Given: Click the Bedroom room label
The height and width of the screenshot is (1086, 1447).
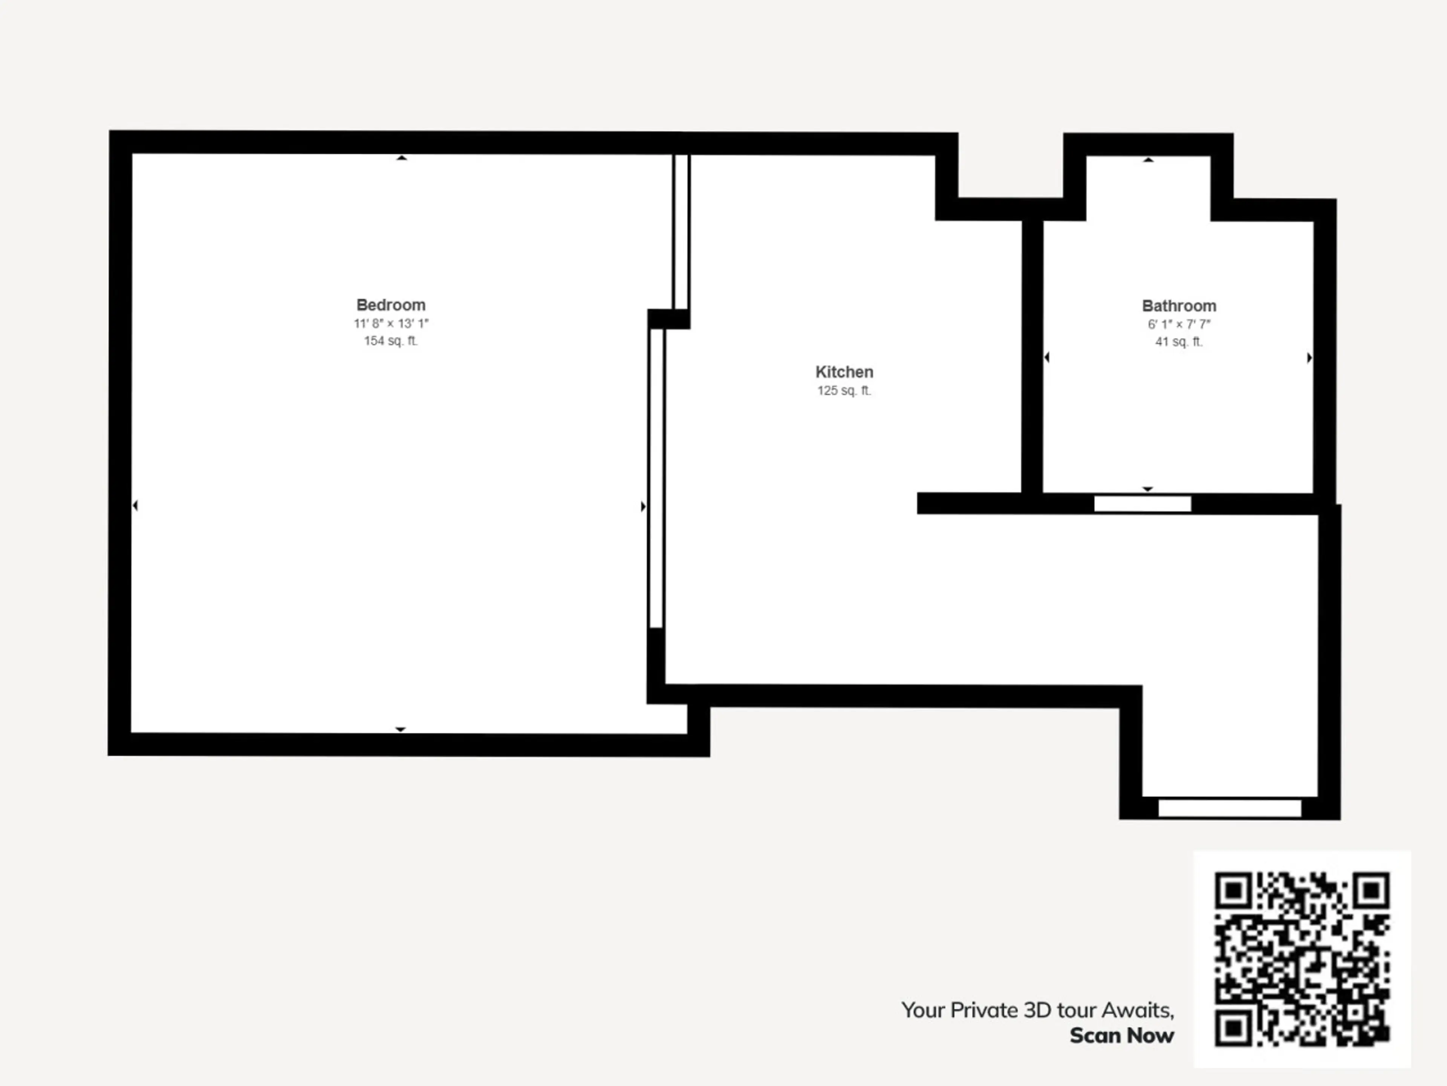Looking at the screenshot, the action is click(390, 305).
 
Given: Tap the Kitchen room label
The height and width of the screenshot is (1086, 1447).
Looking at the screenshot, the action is click(844, 372).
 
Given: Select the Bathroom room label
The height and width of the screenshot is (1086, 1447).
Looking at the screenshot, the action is click(1179, 306).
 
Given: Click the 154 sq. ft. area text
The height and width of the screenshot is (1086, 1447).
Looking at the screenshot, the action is click(390, 341).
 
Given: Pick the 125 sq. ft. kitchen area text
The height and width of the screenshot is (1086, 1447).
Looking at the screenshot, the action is click(844, 390).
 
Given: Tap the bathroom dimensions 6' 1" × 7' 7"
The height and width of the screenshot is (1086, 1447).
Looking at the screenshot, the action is click(1179, 324).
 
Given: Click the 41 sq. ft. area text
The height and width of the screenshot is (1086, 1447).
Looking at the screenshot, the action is click(1179, 341).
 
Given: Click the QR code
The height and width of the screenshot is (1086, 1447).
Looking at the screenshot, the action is click(1302, 959).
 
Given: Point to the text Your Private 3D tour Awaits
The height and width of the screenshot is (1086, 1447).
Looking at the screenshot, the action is click(1037, 1010).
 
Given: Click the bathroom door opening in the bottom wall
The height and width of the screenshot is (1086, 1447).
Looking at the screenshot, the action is click(1142, 503).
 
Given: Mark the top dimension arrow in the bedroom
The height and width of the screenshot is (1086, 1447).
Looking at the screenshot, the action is click(402, 158).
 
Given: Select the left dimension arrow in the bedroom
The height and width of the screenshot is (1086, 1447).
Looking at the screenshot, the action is click(135, 505).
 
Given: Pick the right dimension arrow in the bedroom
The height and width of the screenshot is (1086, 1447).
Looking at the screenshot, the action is click(643, 506).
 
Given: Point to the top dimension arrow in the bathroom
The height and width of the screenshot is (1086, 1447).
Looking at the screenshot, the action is click(1148, 160).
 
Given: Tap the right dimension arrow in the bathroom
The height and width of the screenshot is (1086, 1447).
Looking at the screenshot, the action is click(1309, 357).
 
